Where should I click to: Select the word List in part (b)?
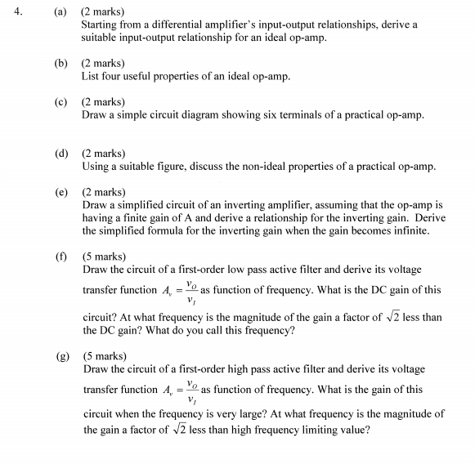point(91,76)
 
